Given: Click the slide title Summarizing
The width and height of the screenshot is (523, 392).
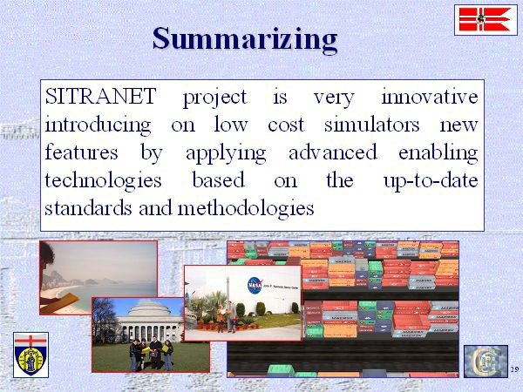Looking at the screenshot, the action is (245, 39).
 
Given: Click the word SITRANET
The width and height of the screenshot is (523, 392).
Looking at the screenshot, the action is (101, 96).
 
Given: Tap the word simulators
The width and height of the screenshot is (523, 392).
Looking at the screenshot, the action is (372, 125).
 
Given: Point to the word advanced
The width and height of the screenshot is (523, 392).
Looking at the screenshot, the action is (333, 152).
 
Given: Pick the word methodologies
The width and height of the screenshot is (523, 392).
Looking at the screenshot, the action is (246, 209).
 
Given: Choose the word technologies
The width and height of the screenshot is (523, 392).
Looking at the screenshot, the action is (103, 181).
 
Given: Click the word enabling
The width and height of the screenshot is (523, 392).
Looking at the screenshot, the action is (438, 153).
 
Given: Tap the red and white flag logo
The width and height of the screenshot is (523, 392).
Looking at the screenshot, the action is (486, 20).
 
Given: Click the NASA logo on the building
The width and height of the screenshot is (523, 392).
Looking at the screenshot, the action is (255, 286).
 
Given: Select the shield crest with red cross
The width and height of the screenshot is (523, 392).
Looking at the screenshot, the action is (31, 355).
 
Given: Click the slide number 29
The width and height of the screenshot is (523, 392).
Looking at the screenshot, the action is (514, 369).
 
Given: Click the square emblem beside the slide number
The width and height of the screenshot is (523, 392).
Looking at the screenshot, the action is (486, 362).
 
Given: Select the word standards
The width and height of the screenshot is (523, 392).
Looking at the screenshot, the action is (88, 208).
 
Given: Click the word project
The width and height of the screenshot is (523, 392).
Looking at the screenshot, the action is (215, 98).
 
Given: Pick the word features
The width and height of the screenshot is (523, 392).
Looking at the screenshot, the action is (81, 152).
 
